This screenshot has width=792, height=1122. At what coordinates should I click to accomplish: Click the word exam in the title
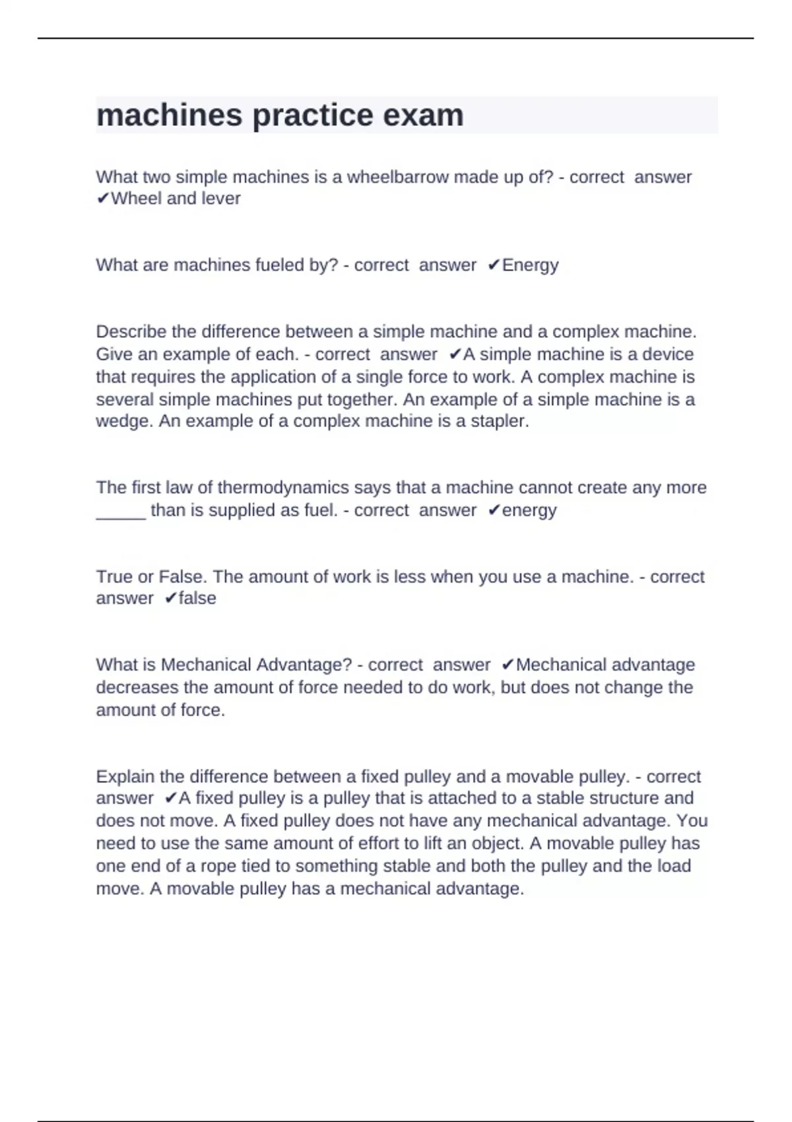pyautogui.click(x=423, y=115)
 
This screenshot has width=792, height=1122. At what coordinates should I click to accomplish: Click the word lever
pyautogui.click(x=220, y=198)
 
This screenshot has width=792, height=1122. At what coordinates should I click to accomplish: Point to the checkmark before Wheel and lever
pyautogui.click(x=102, y=198)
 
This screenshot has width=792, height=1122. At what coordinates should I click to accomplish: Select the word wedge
pyautogui.click(x=124, y=421)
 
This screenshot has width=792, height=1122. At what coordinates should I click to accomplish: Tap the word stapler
pyautogui.click(x=499, y=421)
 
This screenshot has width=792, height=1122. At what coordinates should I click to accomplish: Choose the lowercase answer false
pyautogui.click(x=197, y=598)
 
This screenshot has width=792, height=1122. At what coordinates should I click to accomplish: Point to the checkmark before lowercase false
pyautogui.click(x=170, y=598)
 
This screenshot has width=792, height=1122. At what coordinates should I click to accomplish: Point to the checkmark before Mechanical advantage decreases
pyautogui.click(x=508, y=665)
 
